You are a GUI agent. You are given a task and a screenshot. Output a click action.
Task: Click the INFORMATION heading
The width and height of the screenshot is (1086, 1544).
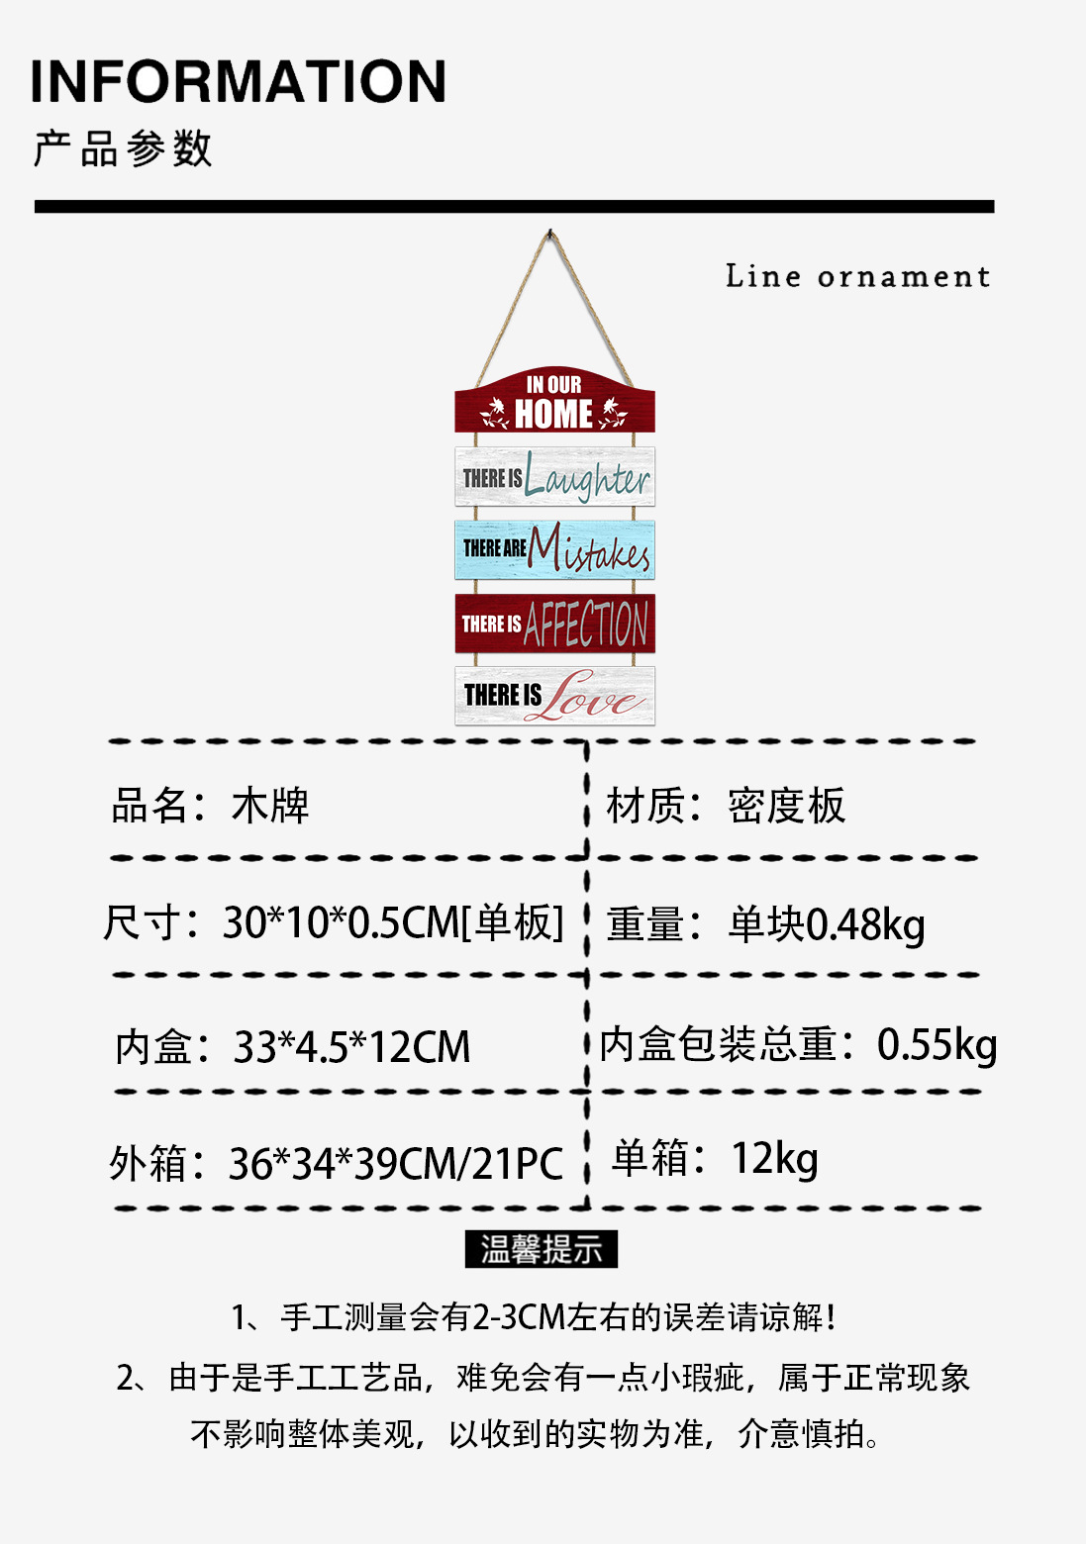[x=239, y=82]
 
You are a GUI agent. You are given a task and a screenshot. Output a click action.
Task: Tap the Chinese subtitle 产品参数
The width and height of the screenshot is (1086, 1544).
[x=123, y=148]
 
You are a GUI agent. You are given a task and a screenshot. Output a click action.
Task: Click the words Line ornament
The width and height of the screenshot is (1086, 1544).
[x=857, y=276]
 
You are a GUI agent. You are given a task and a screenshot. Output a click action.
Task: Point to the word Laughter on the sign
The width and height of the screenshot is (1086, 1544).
[x=587, y=479]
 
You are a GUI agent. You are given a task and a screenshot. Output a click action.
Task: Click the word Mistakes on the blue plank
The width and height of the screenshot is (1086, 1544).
[x=590, y=550]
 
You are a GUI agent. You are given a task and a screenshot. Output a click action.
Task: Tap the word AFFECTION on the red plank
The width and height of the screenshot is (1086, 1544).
[x=586, y=625]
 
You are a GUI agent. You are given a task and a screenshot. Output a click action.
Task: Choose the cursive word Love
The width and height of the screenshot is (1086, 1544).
[x=595, y=697]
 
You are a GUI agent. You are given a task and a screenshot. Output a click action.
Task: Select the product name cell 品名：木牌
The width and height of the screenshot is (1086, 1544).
[x=210, y=806]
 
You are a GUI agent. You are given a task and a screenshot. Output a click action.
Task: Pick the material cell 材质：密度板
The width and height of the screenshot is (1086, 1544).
[x=726, y=806]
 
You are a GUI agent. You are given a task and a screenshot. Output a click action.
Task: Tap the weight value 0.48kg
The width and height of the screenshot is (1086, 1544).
[x=865, y=924]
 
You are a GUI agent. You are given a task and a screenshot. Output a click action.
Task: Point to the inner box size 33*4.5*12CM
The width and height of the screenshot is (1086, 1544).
[x=351, y=1047]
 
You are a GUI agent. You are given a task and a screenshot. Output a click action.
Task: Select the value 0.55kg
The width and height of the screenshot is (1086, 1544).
[x=937, y=1044]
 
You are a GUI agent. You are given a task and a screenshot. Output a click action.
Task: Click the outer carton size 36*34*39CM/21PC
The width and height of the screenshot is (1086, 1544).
[x=395, y=1164]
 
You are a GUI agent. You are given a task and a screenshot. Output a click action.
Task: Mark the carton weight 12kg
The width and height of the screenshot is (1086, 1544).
[x=774, y=1158]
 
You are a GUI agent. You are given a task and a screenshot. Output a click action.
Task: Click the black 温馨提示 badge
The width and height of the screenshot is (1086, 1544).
[x=542, y=1249]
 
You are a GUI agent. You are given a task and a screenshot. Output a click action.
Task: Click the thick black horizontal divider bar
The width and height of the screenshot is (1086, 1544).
[x=514, y=207]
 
